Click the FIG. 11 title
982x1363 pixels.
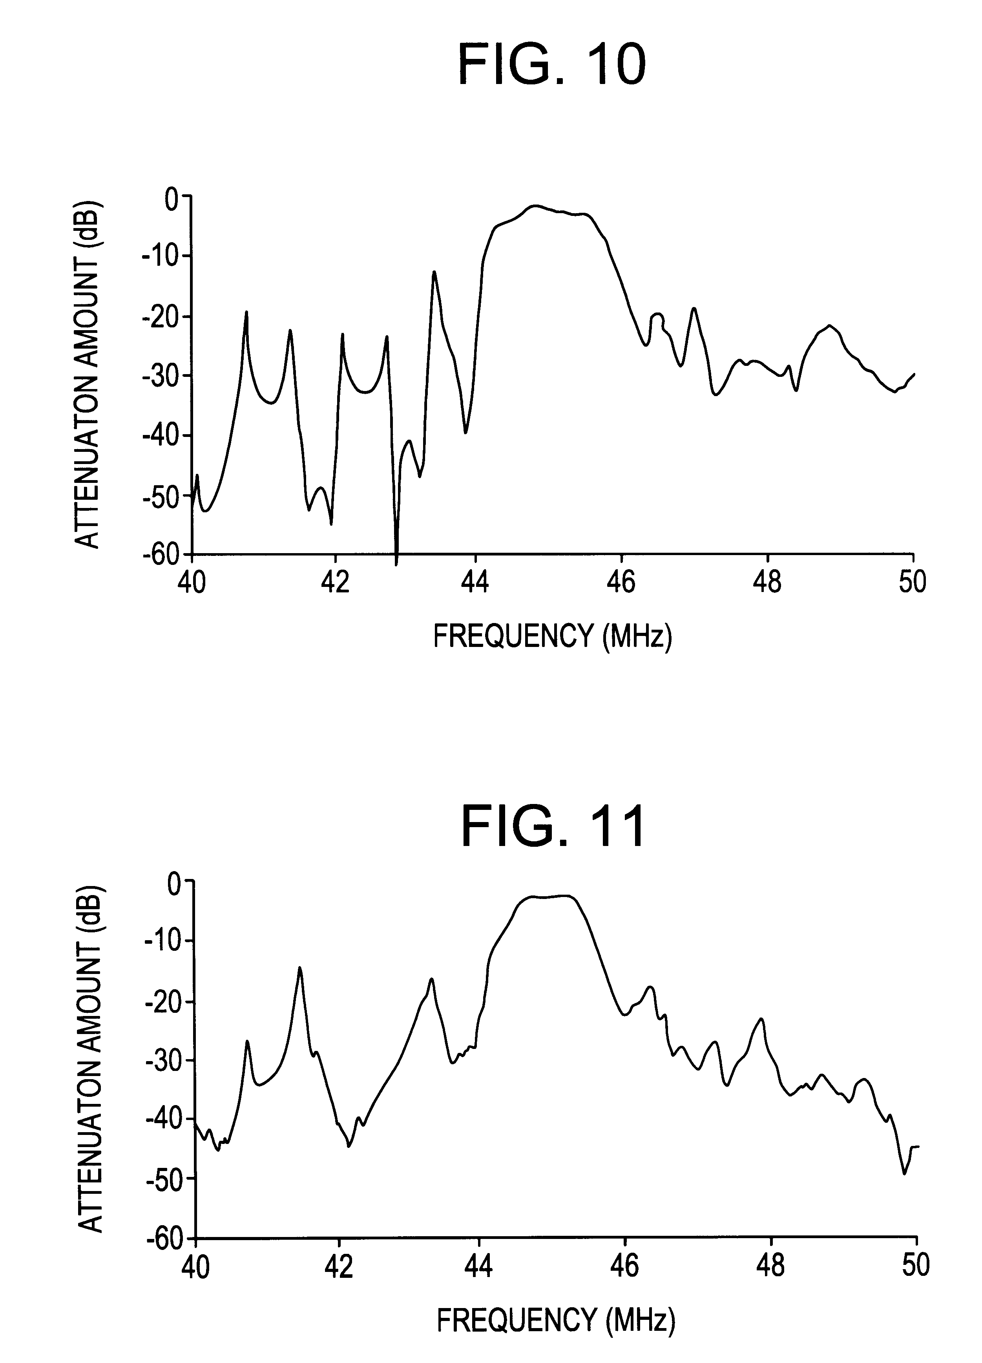(553, 828)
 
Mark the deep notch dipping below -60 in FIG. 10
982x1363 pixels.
(396, 559)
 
